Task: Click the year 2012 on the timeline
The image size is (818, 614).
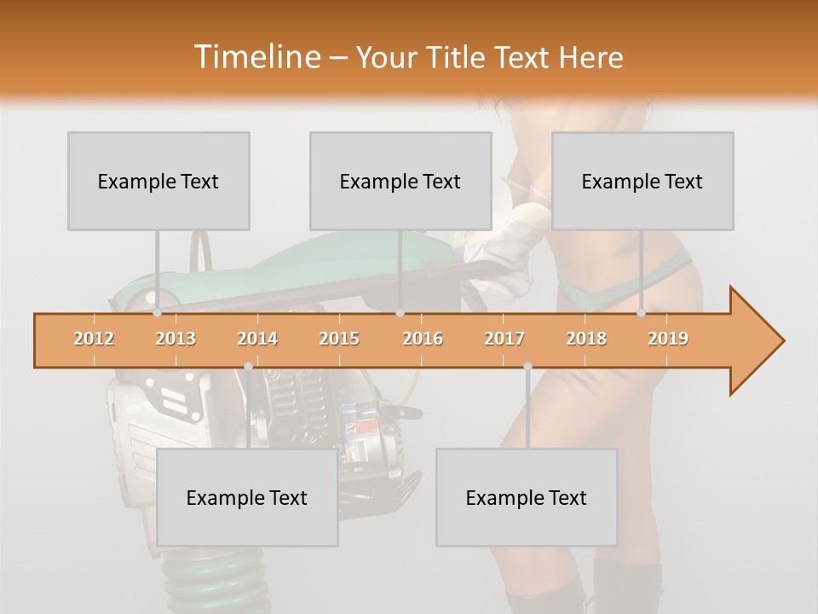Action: pos(94,339)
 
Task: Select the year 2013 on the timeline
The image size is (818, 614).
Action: pos(176,339)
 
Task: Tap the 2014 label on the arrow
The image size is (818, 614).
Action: pos(257,339)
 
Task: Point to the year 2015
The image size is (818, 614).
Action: pos(339,339)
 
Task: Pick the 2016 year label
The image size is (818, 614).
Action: pos(423,339)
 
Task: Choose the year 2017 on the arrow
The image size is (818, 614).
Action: pos(504,339)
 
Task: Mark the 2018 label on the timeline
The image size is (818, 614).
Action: pos(586,339)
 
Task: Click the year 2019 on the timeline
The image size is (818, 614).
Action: pos(668,339)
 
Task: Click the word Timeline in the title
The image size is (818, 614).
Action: pos(256,57)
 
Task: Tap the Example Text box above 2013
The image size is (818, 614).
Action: pos(158,181)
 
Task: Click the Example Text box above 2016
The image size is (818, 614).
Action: pos(400,181)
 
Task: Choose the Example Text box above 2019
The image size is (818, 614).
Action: pos(642,181)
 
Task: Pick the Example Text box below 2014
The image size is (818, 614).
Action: pos(247,497)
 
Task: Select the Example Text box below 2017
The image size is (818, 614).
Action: pos(527,497)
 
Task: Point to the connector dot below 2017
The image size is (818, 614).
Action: pos(527,366)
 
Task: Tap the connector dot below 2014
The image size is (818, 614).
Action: pos(248,366)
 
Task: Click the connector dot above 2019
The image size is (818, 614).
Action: pos(642,313)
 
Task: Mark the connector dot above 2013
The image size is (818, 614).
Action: pos(157,313)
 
